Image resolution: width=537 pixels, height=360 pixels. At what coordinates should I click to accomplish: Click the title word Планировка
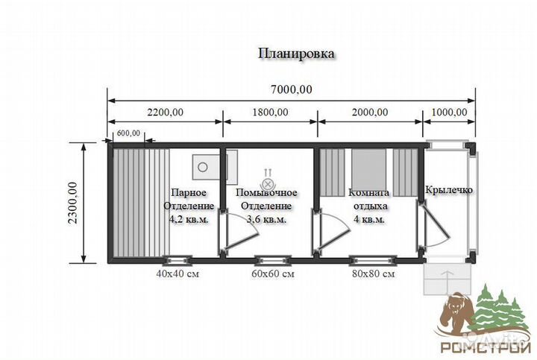tap(296, 54)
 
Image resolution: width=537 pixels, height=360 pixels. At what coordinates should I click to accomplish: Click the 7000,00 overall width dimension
tap(291, 89)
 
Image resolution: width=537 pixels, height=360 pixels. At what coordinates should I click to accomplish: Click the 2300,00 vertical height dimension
tap(72, 201)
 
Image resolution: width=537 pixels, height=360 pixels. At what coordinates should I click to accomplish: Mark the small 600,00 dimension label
tap(128, 134)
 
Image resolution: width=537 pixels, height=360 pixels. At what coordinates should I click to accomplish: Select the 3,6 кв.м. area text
tap(266, 219)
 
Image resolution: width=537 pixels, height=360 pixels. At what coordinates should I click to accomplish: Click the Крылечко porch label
tap(449, 190)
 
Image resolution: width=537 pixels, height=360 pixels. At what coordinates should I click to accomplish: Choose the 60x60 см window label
tap(271, 274)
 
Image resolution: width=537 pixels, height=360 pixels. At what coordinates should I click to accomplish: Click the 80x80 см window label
tap(373, 274)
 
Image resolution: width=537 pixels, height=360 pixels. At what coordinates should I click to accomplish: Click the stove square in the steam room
tap(203, 165)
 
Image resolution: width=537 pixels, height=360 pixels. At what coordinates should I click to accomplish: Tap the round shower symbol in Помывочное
tap(268, 182)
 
